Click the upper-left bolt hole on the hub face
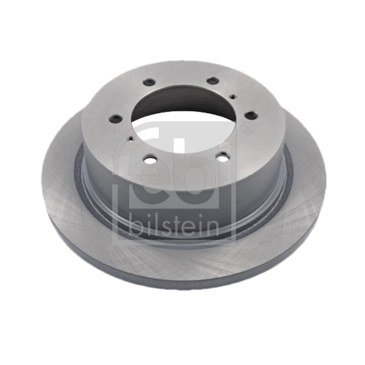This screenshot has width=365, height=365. pyautogui.click(x=150, y=82)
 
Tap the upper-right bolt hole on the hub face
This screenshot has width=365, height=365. pyautogui.click(x=213, y=81)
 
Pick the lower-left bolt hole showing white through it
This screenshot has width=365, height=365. pyautogui.click(x=150, y=160)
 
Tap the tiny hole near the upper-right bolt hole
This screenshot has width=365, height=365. pyautogui.click(x=232, y=96)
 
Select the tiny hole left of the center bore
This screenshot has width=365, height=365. pyautogui.click(x=131, y=139)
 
